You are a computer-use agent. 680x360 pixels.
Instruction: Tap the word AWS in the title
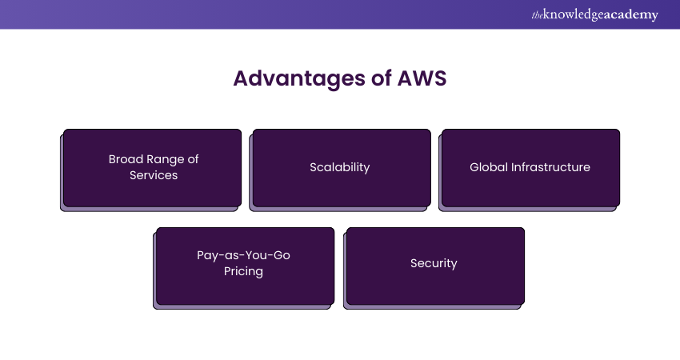pos(422,78)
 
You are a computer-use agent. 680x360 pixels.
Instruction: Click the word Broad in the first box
pos(126,159)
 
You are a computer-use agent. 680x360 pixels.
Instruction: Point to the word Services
pos(154,175)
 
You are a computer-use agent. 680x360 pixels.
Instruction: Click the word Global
pos(489,167)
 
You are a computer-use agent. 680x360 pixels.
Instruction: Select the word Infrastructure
pos(550,167)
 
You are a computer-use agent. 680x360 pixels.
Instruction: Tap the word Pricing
pos(243,271)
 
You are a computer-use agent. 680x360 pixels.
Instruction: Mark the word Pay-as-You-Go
pos(243,256)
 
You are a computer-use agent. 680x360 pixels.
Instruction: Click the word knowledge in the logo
pos(575,14)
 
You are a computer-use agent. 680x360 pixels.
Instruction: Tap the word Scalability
pos(340,167)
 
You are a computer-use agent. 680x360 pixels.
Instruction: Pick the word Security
pos(434,263)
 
